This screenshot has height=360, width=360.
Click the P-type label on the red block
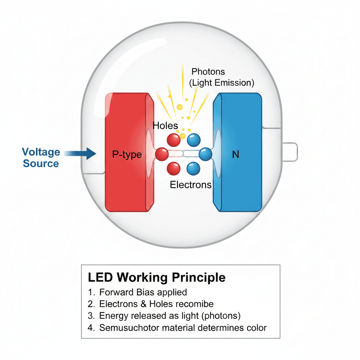pos(127,154)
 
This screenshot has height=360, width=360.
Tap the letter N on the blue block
pos(236,154)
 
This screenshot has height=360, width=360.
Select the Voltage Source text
pos(41,158)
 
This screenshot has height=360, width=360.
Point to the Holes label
pos(165,126)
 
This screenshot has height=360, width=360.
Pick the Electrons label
pos(191,185)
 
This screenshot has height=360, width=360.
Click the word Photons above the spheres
pos(208,72)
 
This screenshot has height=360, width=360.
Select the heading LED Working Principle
pos(156,277)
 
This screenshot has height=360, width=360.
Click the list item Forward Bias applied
pos(143,292)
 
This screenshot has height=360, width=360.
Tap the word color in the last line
pos(256,328)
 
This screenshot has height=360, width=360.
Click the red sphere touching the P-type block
pos(162,154)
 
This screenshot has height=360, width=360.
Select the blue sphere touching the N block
pos(205,154)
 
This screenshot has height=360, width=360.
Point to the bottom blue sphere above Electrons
pos(193,168)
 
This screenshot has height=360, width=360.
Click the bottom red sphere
pos(174,168)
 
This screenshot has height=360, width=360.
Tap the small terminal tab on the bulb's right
pos(290,152)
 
